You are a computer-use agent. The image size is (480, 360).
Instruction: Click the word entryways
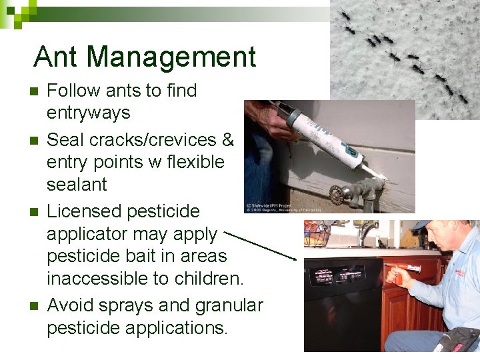coord(88,113)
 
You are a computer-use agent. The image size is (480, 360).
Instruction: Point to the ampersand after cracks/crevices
coord(227,140)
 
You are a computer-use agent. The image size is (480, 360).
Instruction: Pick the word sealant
coord(77,184)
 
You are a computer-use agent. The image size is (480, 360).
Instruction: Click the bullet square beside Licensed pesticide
coord(33,213)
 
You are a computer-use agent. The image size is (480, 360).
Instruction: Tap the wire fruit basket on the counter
coord(319,235)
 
